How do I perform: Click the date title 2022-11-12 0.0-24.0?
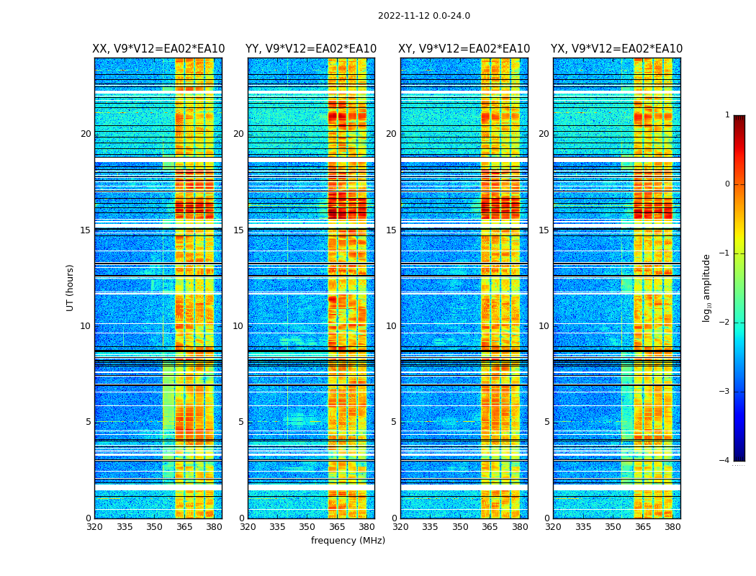click(423, 16)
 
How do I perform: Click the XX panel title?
click(158, 49)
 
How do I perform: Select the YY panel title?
click(311, 49)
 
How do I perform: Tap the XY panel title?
click(464, 49)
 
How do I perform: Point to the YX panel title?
click(617, 49)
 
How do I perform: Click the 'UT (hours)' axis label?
click(71, 287)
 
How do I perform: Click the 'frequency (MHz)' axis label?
click(348, 541)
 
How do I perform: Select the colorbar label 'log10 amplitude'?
click(707, 287)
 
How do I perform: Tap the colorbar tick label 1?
click(727, 115)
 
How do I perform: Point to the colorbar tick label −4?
click(725, 461)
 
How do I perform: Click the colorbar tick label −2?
click(725, 323)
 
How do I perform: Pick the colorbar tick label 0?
click(727, 184)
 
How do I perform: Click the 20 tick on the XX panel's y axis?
click(86, 134)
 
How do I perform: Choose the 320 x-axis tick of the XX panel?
click(94, 527)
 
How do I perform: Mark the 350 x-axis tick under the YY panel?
click(307, 527)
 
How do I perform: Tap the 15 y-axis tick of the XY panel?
click(393, 230)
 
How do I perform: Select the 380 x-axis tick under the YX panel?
click(672, 527)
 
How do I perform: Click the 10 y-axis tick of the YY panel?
click(238, 326)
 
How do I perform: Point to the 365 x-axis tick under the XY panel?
click(490, 527)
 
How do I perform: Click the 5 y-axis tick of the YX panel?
click(546, 422)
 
